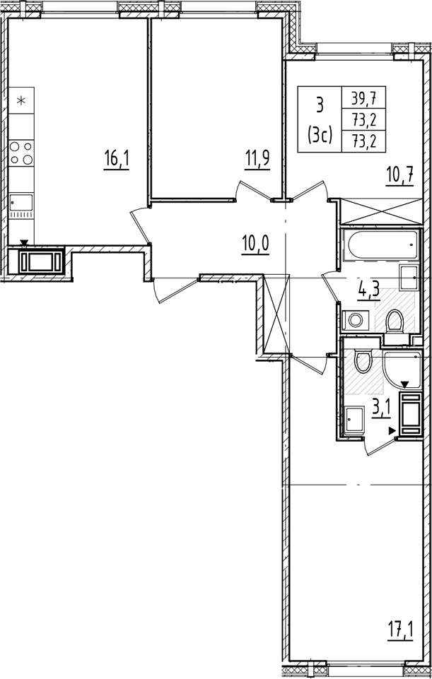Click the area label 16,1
tap(116, 160)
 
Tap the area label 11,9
tap(257, 160)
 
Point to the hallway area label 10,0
tap(256, 245)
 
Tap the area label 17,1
tap(401, 632)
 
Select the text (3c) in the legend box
tap(320, 135)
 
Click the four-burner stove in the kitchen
tap(21, 153)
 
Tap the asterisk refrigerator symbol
tap(21, 100)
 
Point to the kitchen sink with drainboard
tap(21, 206)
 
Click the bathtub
tap(380, 245)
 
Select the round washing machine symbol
tap(356, 321)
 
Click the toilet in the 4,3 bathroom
tap(395, 324)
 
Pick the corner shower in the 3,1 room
tap(402, 369)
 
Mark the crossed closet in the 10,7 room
tap(381, 212)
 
